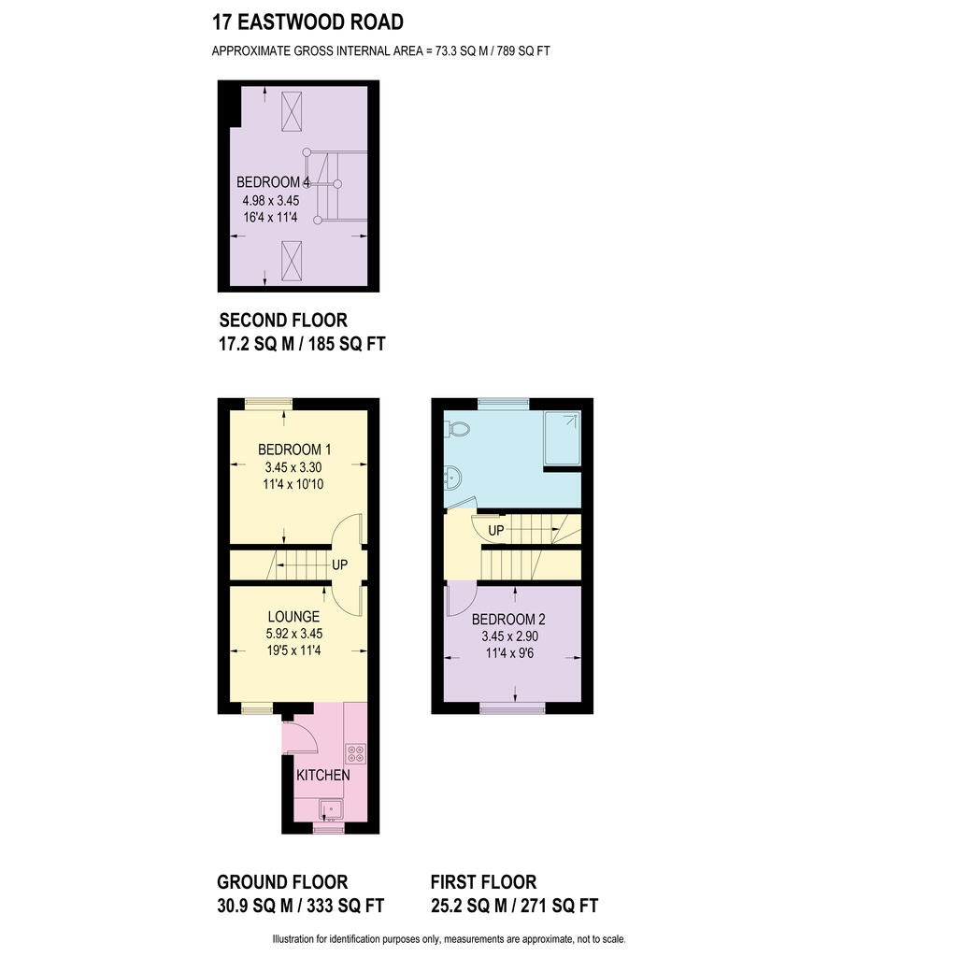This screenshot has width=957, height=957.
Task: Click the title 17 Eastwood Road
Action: (307, 22)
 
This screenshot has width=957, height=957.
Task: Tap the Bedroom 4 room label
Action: (274, 182)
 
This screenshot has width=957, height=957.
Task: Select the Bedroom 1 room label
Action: (294, 450)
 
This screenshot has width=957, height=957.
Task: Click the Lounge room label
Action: (293, 617)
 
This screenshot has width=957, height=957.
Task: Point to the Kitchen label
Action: (322, 775)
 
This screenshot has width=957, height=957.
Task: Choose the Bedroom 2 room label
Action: (508, 620)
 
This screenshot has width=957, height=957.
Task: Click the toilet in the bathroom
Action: (457, 428)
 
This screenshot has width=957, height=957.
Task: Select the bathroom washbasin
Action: (452, 478)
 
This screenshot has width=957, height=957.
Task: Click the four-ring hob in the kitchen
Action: (356, 754)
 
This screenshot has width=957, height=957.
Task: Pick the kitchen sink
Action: (331, 809)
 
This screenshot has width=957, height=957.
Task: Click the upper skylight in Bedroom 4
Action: (292, 111)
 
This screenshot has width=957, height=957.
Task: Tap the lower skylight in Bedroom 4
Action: (292, 261)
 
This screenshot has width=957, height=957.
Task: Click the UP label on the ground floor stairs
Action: (339, 565)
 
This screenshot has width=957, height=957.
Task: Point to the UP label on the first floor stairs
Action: (496, 531)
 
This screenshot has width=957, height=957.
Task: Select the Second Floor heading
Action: (283, 321)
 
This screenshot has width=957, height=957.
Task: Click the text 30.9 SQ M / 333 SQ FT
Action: (300, 906)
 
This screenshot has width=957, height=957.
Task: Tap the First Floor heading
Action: (483, 882)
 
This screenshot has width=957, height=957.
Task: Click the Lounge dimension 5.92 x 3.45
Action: (294, 634)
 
